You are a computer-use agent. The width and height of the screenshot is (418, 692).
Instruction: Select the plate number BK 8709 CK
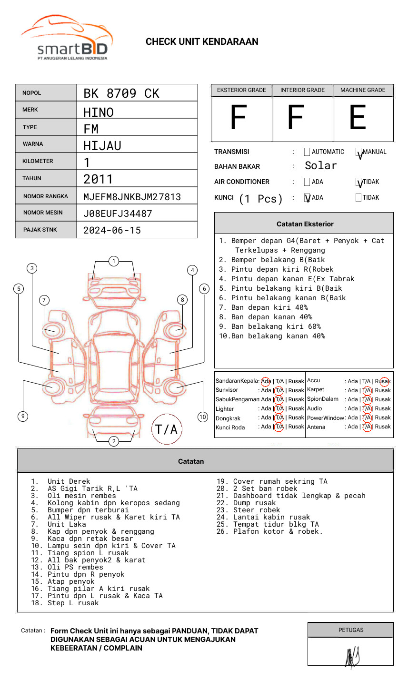121,93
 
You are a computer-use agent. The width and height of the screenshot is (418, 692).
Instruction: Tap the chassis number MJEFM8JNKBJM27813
132,197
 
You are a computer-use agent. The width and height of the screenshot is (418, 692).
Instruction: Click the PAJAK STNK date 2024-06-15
112,230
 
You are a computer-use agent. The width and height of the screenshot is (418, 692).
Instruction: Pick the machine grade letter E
358,118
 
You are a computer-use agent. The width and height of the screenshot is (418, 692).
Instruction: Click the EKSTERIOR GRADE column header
241,90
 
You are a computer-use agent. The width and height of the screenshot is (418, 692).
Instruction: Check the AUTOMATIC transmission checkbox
307,152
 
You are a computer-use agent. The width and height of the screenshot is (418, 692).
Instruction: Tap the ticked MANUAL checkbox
359,153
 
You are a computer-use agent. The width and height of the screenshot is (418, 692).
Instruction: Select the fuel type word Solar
320,166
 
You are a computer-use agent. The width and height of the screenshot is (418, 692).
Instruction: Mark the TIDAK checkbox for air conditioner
359,182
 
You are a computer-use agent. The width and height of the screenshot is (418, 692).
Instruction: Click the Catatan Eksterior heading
305,224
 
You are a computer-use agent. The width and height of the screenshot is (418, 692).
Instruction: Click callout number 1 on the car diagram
113,261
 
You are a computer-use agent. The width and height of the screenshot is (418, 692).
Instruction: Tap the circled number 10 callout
203,417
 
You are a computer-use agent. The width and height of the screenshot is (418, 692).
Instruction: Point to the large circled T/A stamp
167,429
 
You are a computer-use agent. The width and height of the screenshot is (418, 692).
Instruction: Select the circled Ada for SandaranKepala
266,381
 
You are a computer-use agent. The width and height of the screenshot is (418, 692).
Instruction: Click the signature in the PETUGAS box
352,658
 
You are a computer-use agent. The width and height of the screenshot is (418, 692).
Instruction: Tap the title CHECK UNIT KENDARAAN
202,42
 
